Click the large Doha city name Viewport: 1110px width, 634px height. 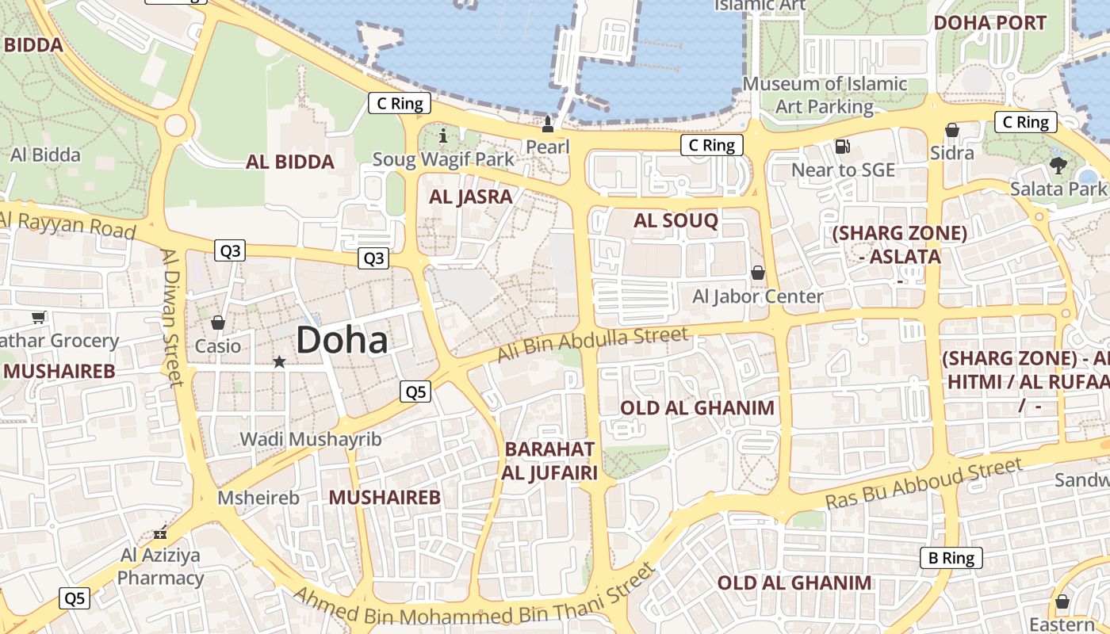coord(342,341)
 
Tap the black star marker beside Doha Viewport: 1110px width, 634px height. coord(279,362)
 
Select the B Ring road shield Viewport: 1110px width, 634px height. coord(951,558)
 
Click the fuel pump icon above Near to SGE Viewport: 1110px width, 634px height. coord(843,147)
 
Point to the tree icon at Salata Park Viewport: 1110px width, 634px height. coord(1058,166)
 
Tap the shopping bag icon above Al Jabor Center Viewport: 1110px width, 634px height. coord(758,273)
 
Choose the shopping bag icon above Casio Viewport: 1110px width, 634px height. coord(218,323)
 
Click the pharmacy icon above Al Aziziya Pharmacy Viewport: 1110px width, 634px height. coord(160,532)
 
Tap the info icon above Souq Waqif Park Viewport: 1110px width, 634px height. coord(443,136)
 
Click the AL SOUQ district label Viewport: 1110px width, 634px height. coord(676,221)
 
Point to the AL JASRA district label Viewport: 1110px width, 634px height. coord(471,197)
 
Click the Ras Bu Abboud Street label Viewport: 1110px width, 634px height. coord(924,484)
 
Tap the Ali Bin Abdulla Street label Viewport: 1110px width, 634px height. coord(593,345)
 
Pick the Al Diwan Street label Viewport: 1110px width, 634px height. coord(172,317)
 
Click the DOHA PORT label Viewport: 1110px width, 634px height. coord(989,23)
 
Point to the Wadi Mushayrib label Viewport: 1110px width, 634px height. coord(311,439)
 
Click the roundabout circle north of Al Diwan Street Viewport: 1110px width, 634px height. coord(175,124)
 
